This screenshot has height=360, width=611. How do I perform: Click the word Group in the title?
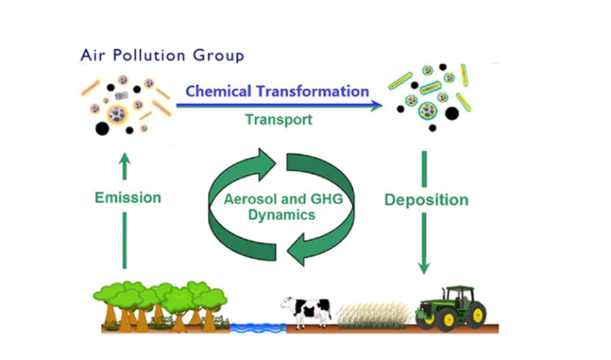(219, 55)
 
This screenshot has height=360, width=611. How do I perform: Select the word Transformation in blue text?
(312, 91)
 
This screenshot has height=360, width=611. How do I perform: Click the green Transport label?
(278, 120)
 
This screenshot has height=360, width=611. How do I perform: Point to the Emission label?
(128, 198)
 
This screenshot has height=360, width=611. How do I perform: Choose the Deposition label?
(426, 200)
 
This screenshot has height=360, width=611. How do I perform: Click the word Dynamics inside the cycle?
(282, 215)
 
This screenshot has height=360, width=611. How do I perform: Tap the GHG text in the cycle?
(327, 199)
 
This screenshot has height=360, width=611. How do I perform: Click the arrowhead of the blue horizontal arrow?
(377, 105)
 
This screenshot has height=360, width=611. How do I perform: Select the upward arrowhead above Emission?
(124, 159)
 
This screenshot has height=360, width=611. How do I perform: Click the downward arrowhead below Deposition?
(424, 267)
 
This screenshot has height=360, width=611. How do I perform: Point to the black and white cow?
(306, 312)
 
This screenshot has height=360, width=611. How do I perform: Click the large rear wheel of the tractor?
(474, 314)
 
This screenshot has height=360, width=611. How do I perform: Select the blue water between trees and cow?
(258, 328)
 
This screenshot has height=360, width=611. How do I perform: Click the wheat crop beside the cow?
(373, 315)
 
